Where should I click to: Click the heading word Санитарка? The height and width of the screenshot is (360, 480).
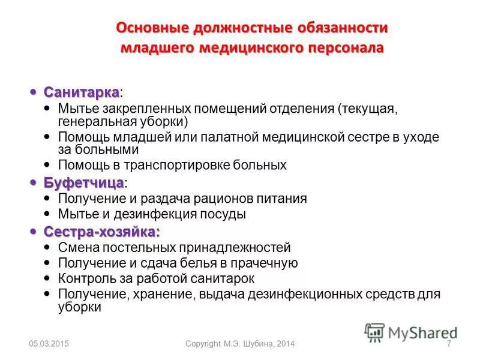pos(81,93)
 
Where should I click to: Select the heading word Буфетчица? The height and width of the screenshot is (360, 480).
pos(83,183)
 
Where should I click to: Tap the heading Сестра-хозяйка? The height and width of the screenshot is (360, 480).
pos(101,232)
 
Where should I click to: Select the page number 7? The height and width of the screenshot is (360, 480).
pos(449,344)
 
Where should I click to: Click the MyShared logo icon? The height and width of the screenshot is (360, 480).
pos(374,332)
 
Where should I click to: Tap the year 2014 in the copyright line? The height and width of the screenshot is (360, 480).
pos(284,344)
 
